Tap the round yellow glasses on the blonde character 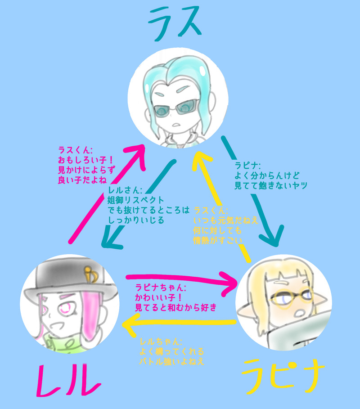(288, 297)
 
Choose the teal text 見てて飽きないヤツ (270, 185)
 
